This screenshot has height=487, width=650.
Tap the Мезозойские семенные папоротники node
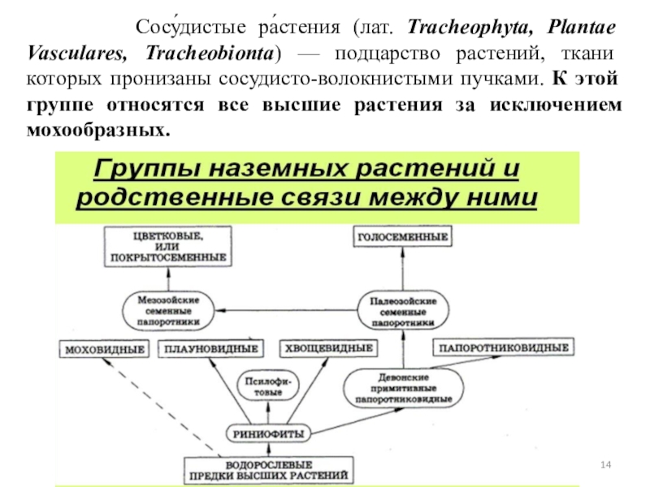point(169,309)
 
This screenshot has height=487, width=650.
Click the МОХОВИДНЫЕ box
point(104,350)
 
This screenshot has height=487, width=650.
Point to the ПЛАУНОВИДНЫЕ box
point(211,350)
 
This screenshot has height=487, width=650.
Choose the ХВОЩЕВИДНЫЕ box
point(328,350)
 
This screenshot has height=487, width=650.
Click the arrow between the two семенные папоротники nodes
point(284,309)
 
